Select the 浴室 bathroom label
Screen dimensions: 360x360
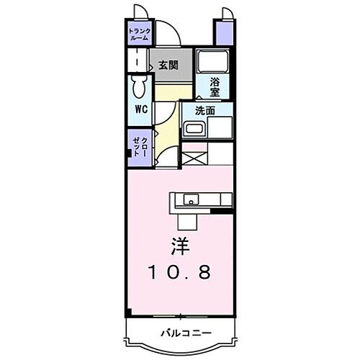click(215, 86)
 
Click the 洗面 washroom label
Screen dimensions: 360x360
click(206, 111)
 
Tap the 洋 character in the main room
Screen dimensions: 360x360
click(181, 246)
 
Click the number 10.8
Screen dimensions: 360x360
click(181, 273)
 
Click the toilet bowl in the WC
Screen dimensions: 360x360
click(138, 89)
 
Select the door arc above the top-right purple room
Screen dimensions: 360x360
click(225, 12)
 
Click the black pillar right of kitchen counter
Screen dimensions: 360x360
click(224, 211)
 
